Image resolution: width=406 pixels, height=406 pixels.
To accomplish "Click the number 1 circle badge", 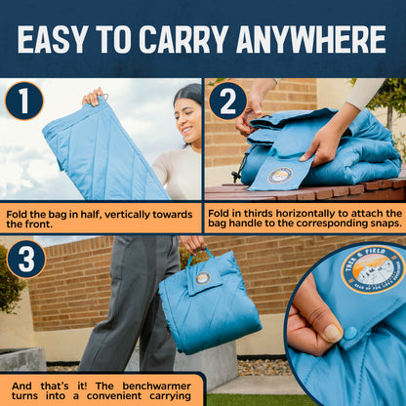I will pyautogui.click(x=23, y=101).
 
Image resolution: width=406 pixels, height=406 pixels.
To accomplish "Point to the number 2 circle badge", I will pyautogui.click(x=227, y=101).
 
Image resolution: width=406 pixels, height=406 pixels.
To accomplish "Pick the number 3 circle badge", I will pyautogui.click(x=26, y=260).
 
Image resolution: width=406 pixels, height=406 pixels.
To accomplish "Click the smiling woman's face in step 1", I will pyautogui.click(x=187, y=118).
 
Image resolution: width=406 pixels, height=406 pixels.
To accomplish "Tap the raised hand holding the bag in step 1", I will pyautogui.click(x=94, y=97).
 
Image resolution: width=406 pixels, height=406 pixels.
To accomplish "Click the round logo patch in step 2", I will pyautogui.click(x=280, y=176).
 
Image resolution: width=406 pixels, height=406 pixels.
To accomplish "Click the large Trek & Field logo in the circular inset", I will pyautogui.click(x=372, y=269).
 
